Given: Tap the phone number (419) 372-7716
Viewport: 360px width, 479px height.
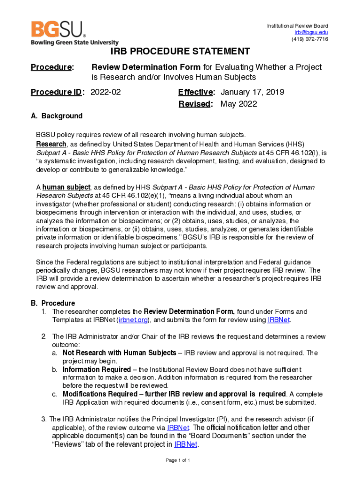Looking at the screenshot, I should click(310, 39).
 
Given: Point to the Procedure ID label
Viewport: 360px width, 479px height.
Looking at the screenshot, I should click(56, 92).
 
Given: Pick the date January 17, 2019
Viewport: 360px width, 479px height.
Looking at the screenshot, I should click(252, 92).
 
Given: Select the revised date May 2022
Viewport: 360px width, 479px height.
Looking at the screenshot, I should click(238, 104).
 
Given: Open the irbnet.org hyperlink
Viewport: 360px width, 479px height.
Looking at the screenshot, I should click(134, 320).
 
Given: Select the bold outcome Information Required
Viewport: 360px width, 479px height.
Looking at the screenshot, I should click(97, 370).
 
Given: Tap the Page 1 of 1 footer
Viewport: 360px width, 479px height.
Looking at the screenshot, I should click(178, 460).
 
